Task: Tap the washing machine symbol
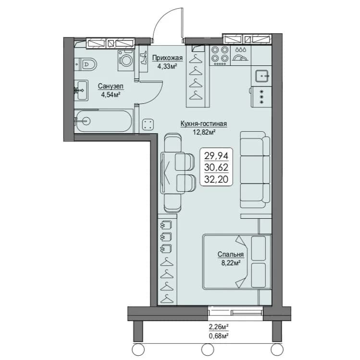click(x=126, y=61)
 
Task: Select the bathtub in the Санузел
click(x=104, y=121)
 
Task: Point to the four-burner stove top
click(x=220, y=56)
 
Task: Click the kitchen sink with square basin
click(x=262, y=76)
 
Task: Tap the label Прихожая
click(x=168, y=58)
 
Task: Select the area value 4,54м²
click(x=111, y=94)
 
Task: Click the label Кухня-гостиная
click(x=204, y=124)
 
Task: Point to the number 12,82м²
click(x=204, y=132)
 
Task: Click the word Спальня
click(x=231, y=254)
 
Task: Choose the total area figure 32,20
click(x=216, y=179)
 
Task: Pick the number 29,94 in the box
click(x=216, y=156)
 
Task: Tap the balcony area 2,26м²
click(x=219, y=326)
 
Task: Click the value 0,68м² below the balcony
click(x=219, y=336)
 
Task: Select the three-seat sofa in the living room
click(x=255, y=170)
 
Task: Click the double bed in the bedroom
click(x=236, y=262)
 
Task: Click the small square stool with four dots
click(x=148, y=125)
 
